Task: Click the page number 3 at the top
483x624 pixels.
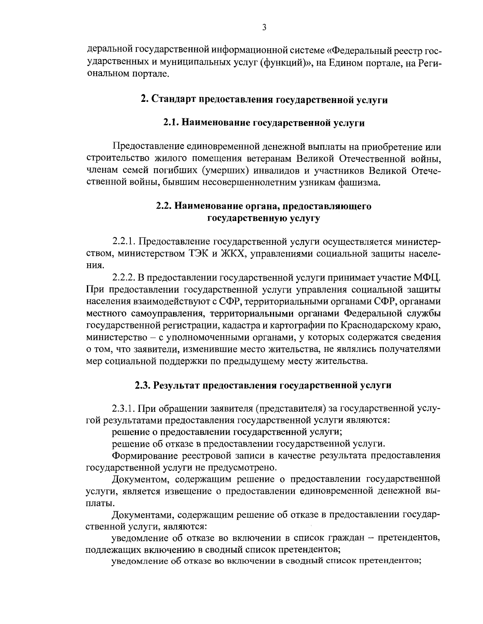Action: click(x=264, y=27)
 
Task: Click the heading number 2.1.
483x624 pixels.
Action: click(x=172, y=123)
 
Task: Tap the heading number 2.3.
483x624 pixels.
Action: click(x=142, y=385)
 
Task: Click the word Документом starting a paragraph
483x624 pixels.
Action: click(x=139, y=479)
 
